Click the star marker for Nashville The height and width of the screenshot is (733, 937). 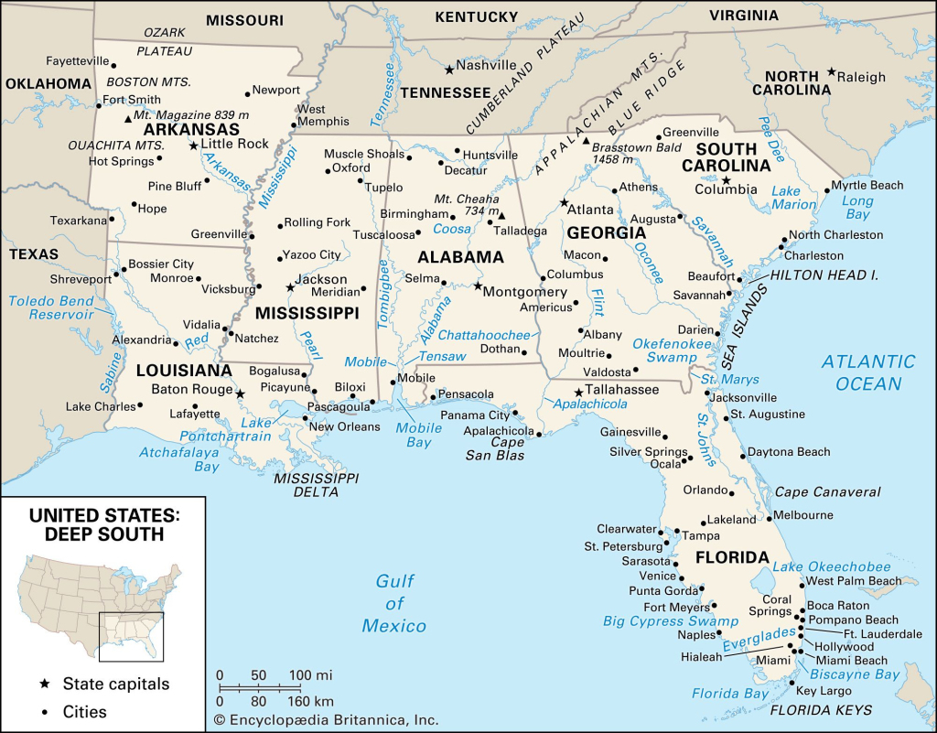(448, 69)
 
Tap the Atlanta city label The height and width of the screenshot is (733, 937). (590, 210)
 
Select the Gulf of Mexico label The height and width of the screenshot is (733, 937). (394, 603)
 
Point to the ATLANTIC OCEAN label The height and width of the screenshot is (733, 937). (867, 372)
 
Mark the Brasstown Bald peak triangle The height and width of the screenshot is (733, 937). (586, 142)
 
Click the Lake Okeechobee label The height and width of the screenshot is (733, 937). (832, 566)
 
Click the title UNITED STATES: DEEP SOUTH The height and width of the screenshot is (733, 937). (102, 524)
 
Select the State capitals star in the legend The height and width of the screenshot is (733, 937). (44, 684)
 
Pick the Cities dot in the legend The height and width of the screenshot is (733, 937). (44, 711)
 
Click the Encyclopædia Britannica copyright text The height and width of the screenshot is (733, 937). (326, 720)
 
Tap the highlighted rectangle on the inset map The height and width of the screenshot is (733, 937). (131, 636)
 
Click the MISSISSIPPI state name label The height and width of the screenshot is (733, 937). (307, 314)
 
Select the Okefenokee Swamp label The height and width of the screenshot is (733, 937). (672, 350)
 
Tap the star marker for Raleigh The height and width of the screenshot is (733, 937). (831, 71)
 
